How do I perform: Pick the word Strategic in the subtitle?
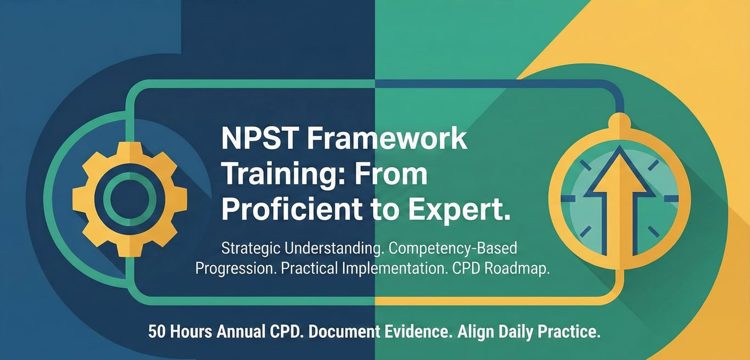click(251, 249)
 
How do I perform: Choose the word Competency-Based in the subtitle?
click(452, 249)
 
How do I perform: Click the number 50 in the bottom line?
click(157, 332)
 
